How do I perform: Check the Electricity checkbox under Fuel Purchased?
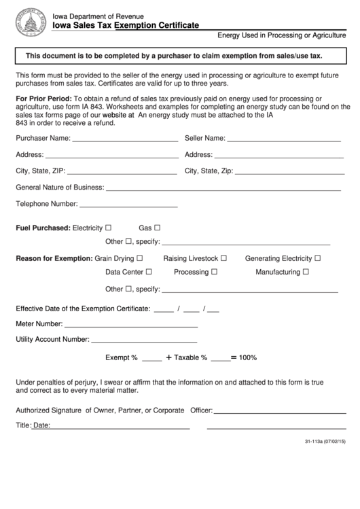pos(109,228)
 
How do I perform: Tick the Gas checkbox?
pos(158,228)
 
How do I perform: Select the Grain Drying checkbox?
pos(140,258)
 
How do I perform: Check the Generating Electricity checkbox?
pos(317,258)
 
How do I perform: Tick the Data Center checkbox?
pos(149,272)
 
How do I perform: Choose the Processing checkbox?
pos(214,272)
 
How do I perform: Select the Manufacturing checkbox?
pos(306,272)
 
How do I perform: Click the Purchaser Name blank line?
pos(125,140)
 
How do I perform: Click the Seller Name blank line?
pos(283,140)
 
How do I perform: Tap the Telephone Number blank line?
pos(128,205)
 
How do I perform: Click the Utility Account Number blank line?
pos(144,340)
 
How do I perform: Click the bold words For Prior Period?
pos(40,99)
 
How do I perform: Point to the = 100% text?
pos(243,357)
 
